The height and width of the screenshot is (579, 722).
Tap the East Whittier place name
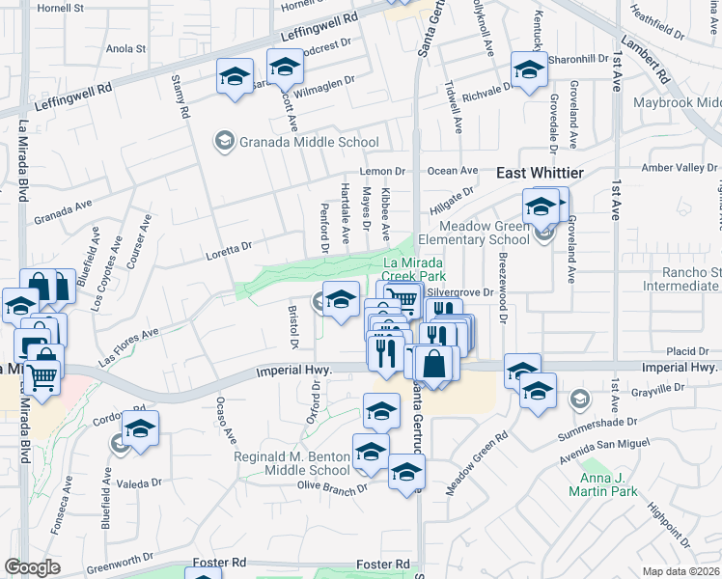(x=540, y=173)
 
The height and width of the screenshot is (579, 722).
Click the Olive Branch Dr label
(x=333, y=486)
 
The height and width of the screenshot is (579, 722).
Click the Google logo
(x=32, y=567)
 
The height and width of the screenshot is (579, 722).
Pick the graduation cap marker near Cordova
(x=140, y=426)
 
